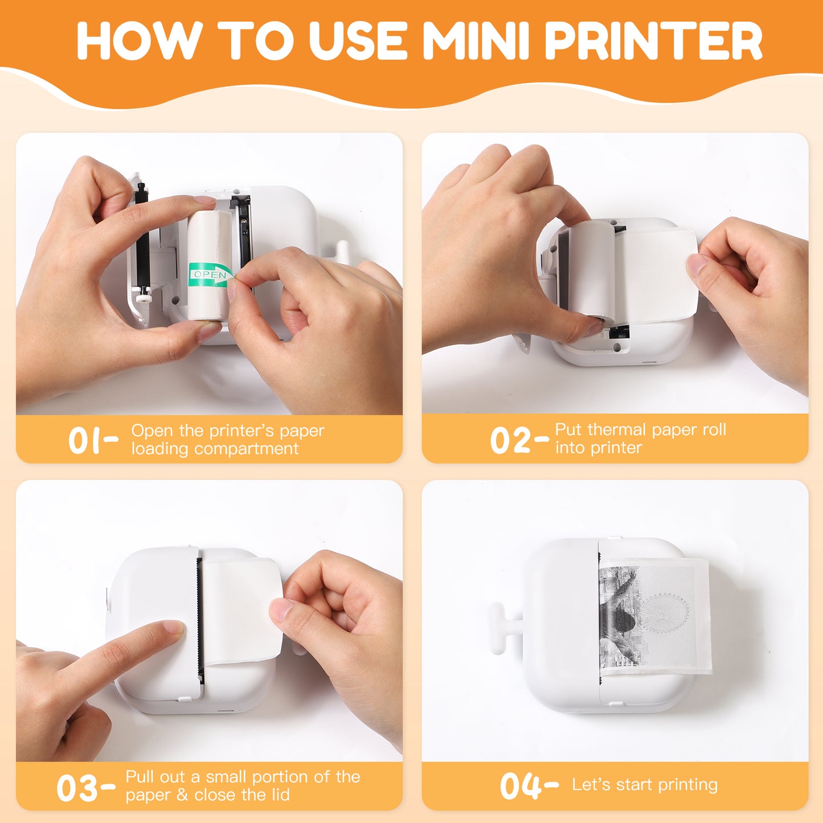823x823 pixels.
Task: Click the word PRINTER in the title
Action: [654, 41]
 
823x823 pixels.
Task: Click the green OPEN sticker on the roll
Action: [210, 275]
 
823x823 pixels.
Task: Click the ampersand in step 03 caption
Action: [183, 795]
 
